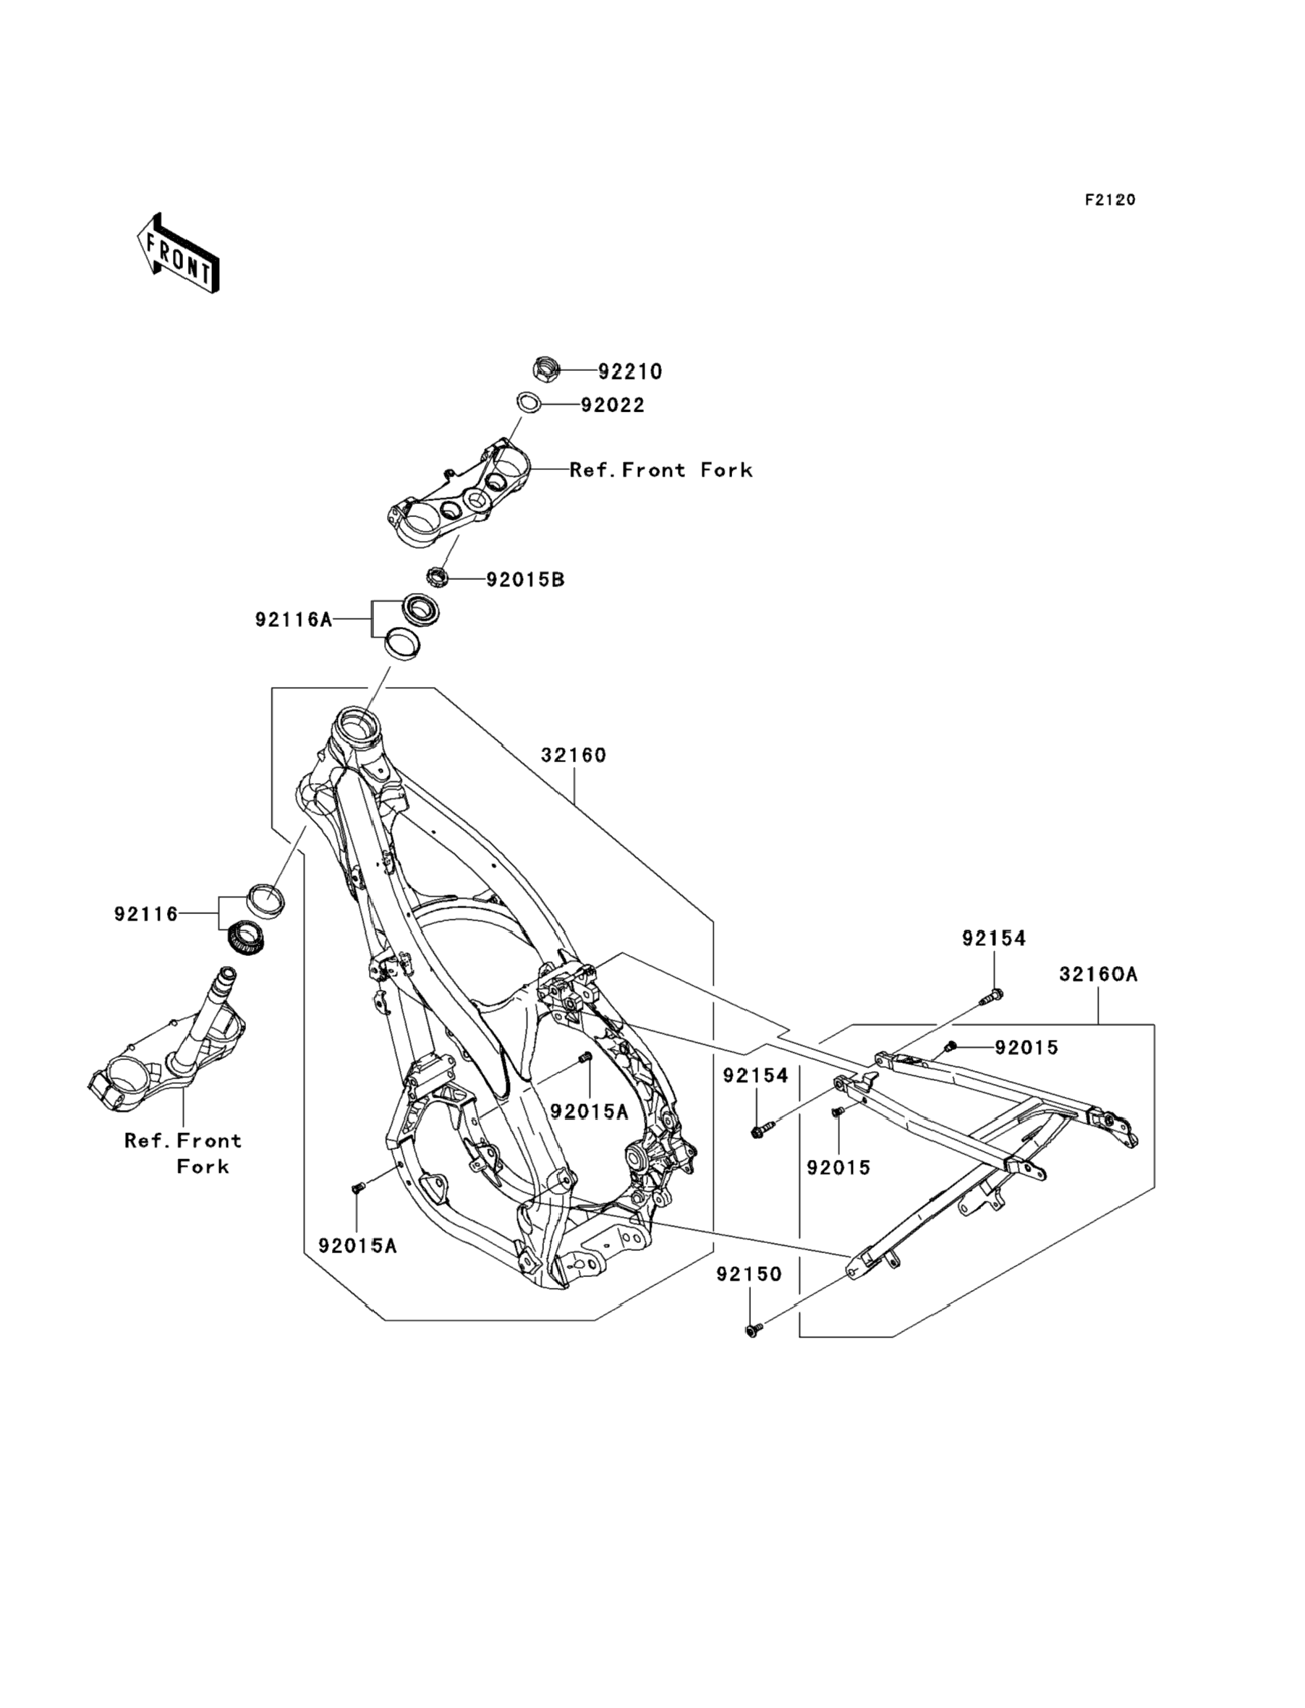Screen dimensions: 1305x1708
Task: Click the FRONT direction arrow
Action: point(178,254)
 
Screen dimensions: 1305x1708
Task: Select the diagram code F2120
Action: point(1110,200)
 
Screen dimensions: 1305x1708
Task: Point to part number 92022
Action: point(613,405)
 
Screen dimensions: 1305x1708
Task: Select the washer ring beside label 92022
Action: point(529,403)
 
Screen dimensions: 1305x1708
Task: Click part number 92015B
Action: point(525,580)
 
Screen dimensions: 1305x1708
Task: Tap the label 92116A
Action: point(294,620)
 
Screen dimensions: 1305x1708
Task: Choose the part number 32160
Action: point(574,755)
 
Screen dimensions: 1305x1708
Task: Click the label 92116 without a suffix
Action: point(146,915)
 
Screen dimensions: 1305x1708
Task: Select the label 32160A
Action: point(1097,973)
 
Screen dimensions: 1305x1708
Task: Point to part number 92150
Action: point(749,1275)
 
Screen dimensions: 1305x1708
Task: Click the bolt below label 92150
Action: point(752,1331)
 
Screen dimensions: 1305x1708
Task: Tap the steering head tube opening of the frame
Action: point(358,727)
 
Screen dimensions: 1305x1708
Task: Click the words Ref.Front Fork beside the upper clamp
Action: point(661,470)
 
